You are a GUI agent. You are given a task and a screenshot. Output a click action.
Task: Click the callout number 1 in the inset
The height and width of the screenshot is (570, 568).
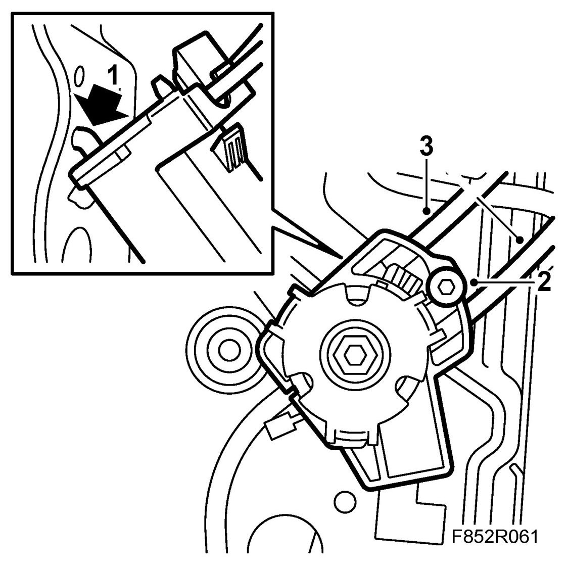pyautogui.click(x=115, y=77)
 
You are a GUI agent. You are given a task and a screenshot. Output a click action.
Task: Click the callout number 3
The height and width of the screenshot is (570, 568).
pyautogui.click(x=427, y=147)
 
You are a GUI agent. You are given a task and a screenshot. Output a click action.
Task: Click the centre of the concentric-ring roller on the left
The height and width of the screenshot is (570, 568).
pyautogui.click(x=229, y=348)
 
